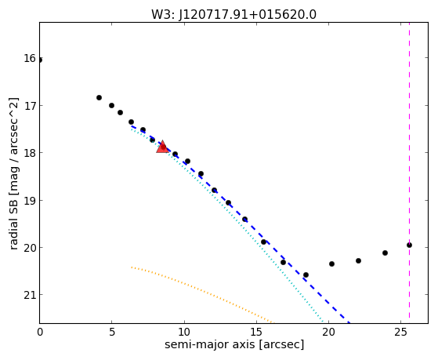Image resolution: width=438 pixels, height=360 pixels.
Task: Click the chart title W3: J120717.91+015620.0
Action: (233, 14)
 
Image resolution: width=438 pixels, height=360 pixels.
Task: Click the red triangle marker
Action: (162, 147)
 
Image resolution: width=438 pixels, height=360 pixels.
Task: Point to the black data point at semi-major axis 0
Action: (40, 60)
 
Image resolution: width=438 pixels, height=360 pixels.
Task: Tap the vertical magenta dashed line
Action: (409, 170)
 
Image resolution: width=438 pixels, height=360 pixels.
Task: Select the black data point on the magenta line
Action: (409, 245)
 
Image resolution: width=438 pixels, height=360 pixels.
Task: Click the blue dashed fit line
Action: (241, 224)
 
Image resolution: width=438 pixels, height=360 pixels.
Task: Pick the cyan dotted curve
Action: (227, 225)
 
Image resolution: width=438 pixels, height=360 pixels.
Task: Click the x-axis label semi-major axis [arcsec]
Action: (234, 344)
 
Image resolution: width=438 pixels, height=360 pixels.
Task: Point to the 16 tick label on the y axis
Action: (30, 59)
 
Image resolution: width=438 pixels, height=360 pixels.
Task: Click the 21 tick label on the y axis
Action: (30, 295)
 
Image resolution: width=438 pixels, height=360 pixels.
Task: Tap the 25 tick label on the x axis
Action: (401, 333)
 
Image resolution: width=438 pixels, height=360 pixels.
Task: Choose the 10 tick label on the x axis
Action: (184, 333)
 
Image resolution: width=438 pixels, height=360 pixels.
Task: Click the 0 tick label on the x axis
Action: (40, 333)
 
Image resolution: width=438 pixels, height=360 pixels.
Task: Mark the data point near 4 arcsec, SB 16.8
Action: (99, 97)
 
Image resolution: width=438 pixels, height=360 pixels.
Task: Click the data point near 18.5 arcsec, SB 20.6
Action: (306, 275)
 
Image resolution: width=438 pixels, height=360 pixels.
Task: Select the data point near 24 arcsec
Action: (385, 253)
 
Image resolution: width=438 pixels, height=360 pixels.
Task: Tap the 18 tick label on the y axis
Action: (30, 153)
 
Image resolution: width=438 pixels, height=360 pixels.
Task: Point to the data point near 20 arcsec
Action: (331, 264)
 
